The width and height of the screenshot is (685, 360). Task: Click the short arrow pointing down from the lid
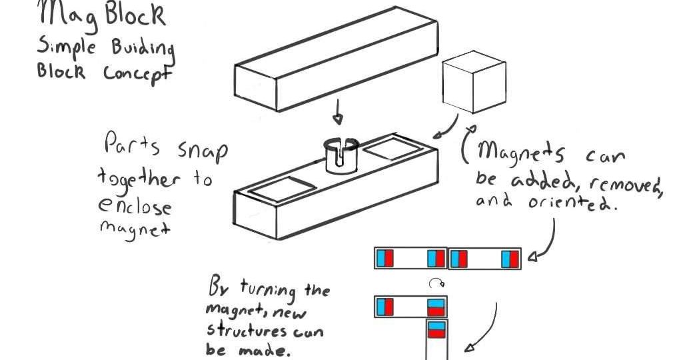click(x=339, y=113)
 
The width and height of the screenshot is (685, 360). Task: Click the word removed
click(x=633, y=181)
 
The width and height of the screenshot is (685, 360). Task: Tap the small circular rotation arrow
click(x=435, y=283)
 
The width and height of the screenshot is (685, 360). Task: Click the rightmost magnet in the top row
click(x=510, y=258)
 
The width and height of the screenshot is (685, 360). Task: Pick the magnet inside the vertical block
click(x=436, y=331)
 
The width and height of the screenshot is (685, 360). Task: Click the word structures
click(x=247, y=331)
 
